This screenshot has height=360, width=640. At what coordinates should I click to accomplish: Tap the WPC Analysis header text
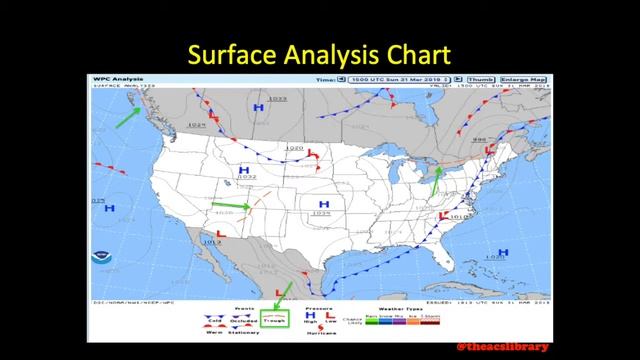point(116,78)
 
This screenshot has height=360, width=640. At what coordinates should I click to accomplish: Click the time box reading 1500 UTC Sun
point(391,79)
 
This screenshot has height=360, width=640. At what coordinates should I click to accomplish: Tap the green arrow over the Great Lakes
point(435,177)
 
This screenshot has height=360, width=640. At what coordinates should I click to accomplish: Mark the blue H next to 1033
point(259,104)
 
